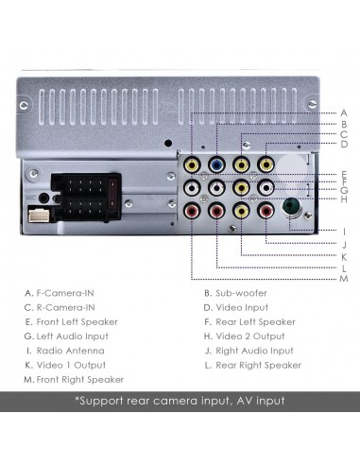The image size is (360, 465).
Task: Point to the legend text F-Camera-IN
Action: (66, 293)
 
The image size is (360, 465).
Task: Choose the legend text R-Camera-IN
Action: (66, 307)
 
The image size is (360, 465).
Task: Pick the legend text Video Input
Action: (243, 307)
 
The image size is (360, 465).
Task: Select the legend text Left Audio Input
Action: (73, 336)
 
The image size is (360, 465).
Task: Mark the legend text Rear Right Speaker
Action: (258, 365)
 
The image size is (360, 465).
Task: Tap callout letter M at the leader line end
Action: (344, 279)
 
